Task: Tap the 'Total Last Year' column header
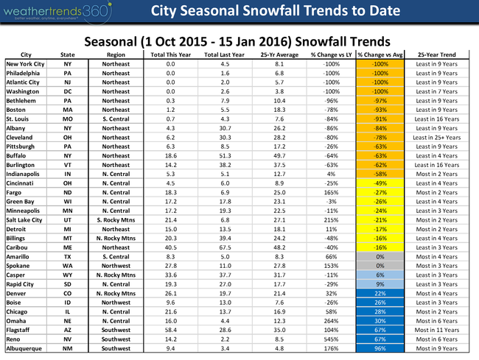[221, 54]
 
